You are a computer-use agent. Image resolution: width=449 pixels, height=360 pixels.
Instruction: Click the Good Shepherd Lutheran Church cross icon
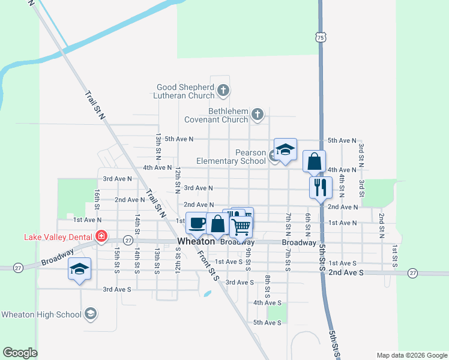tap(223, 91)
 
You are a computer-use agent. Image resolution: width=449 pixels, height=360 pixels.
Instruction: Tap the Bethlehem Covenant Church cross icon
tap(258, 114)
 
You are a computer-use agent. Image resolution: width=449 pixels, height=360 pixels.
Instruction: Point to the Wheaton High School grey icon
tap(90, 313)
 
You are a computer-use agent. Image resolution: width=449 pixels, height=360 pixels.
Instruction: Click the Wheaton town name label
tap(196, 242)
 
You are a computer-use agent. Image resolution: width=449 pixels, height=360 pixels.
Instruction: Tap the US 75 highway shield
tap(321, 37)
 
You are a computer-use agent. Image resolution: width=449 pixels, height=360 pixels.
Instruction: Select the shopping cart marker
tap(241, 227)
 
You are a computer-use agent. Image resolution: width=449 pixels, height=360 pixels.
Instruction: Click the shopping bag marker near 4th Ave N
tap(314, 161)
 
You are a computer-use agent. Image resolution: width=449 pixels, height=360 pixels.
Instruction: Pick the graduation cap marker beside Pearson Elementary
tap(285, 150)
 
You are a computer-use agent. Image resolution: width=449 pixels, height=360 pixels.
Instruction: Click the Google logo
tap(20, 353)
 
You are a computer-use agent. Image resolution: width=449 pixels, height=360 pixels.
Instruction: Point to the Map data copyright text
tap(412, 355)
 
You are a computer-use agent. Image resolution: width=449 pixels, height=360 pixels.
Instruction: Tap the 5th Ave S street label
tap(267, 323)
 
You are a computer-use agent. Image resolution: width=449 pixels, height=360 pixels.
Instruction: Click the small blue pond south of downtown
tap(207, 294)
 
